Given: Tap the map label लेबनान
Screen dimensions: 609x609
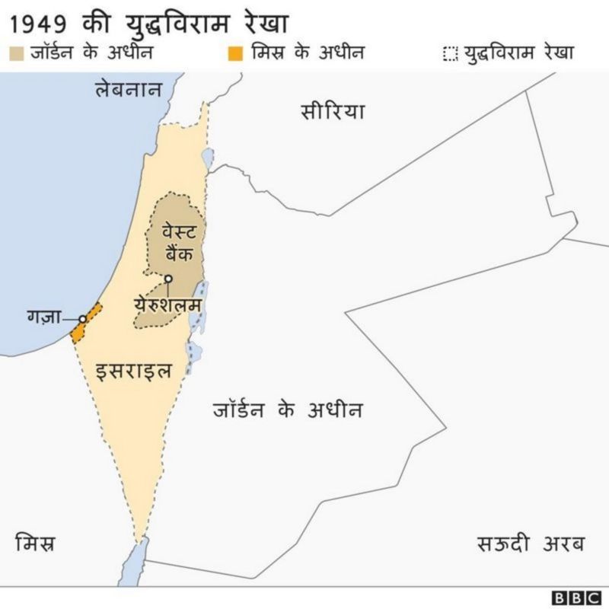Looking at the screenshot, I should click(x=128, y=89).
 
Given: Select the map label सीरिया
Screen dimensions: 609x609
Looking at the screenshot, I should click(x=333, y=112).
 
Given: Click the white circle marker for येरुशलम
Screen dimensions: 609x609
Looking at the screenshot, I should click(x=169, y=279).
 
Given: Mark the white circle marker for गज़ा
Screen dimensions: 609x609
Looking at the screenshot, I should click(x=82, y=320).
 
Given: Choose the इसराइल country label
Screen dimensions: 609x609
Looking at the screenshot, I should click(x=133, y=371).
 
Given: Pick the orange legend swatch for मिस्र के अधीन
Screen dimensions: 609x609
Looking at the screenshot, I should click(x=237, y=53).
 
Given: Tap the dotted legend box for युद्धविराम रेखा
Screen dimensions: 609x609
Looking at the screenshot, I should click(x=450, y=54).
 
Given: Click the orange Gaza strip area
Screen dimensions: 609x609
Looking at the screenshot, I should click(x=86, y=322).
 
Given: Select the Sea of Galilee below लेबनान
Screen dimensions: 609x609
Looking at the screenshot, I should click(x=207, y=160).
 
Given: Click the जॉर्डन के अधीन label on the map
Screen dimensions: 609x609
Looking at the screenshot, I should click(x=287, y=410).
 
